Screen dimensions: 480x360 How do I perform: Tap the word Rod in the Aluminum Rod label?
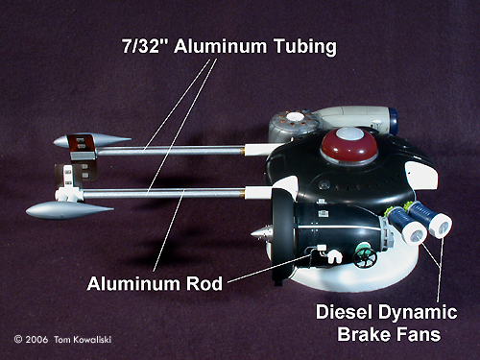click(204, 284)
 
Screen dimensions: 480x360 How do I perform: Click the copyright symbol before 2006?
click(18, 339)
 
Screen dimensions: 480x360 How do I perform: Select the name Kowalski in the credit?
click(92, 339)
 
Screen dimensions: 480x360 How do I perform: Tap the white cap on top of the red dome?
click(350, 133)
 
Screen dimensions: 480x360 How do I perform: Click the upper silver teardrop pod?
click(92, 141)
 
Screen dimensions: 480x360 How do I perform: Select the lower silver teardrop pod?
click(69, 210)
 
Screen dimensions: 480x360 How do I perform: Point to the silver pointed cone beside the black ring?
click(262, 235)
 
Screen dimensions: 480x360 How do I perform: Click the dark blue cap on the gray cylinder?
click(393, 121)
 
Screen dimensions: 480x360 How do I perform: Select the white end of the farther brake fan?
click(441, 225)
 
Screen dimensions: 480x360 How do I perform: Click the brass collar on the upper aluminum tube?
click(242, 150)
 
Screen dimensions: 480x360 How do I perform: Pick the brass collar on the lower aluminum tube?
click(242, 193)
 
